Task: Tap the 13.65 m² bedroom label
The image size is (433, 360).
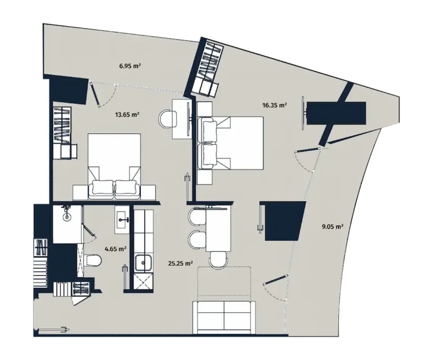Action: pos(128,114)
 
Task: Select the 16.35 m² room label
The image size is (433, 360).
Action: pos(275,105)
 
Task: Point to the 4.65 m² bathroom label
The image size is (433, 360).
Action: pos(117,249)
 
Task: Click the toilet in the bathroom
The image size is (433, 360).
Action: pos(90,259)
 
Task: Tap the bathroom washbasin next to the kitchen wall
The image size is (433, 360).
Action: pos(123,219)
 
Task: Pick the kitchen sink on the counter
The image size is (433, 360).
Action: pos(143,263)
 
